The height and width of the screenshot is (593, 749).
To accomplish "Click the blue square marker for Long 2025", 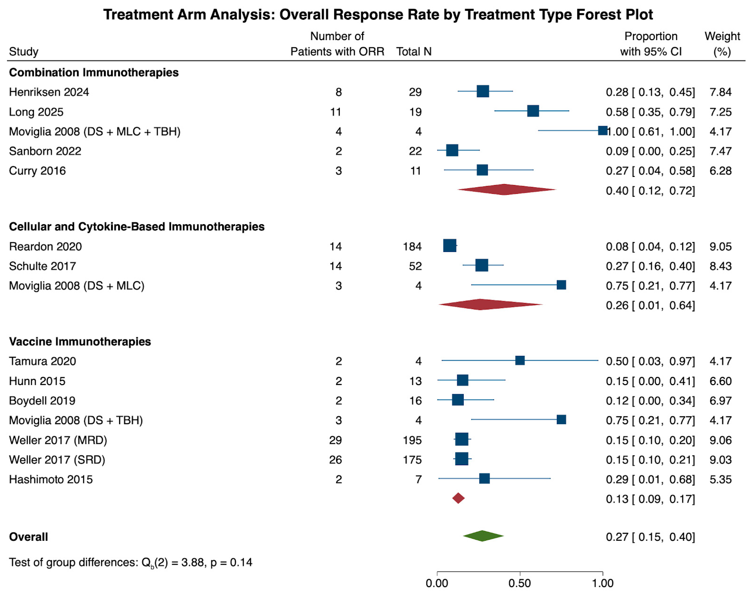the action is point(533,111).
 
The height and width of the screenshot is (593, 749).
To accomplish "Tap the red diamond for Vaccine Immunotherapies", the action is point(458,498).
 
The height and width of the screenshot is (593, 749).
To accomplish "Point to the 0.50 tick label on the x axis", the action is point(520,583).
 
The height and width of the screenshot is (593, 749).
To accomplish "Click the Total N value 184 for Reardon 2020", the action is point(412,246).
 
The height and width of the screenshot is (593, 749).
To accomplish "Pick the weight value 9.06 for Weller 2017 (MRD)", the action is point(720,440).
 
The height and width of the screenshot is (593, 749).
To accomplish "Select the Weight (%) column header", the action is point(722,44).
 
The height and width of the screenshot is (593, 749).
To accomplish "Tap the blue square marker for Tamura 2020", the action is point(520,360).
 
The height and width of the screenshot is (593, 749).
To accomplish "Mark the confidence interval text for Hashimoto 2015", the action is point(650,479).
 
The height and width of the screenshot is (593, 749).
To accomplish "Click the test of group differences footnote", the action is point(131,562).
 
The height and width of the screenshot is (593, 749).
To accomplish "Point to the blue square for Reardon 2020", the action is point(450,245).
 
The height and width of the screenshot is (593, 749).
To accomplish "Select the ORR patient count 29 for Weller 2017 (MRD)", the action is point(336,440).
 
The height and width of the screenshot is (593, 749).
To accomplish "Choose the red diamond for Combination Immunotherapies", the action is point(507,189).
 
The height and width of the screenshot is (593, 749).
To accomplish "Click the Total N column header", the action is point(414,51).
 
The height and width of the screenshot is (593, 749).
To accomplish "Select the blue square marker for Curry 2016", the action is point(482,170).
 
